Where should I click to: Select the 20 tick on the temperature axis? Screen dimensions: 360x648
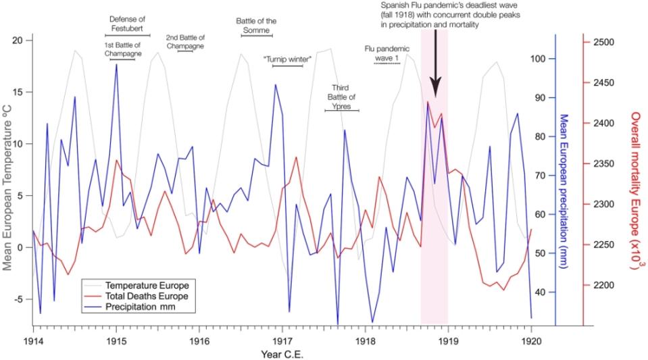click(18, 41)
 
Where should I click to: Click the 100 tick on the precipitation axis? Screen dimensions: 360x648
click(538, 59)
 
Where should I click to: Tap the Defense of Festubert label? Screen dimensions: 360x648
click(128, 23)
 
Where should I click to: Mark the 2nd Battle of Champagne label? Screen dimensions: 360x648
click(185, 42)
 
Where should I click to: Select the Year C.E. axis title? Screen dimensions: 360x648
click(282, 353)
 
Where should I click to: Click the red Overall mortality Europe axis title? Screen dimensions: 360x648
click(635, 192)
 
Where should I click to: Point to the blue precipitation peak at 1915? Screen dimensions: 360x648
click(116, 65)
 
